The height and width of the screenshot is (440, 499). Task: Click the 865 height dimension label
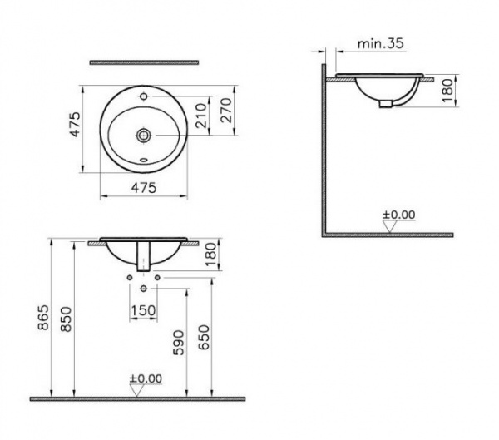[43, 318]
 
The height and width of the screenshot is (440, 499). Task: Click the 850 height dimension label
[67, 319]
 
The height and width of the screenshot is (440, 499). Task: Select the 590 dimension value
[179, 343]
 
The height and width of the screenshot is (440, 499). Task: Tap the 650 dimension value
[204, 337]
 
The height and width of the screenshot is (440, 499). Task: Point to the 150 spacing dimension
[143, 310]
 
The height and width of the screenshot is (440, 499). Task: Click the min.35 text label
[381, 43]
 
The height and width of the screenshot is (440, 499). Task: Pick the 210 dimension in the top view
[201, 116]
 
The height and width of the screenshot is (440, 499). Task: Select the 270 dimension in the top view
[226, 110]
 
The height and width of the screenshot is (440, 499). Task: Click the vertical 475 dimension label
[75, 124]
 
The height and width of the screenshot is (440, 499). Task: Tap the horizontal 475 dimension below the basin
[144, 187]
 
